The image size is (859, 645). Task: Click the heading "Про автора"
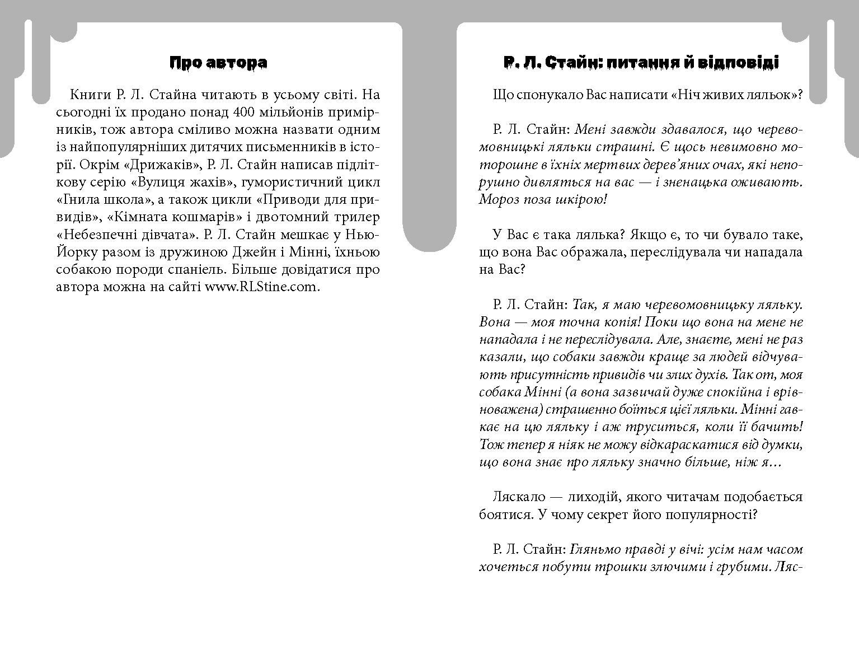tap(218, 63)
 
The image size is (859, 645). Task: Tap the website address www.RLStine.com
tap(261, 287)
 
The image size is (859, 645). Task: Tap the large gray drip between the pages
tap(429, 168)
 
